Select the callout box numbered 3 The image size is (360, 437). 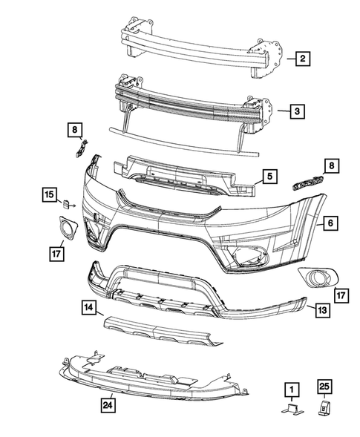(x=295, y=112)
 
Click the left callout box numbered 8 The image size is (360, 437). (x=76, y=131)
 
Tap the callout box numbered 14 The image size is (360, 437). (x=88, y=306)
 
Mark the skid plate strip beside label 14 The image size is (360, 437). (x=160, y=329)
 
